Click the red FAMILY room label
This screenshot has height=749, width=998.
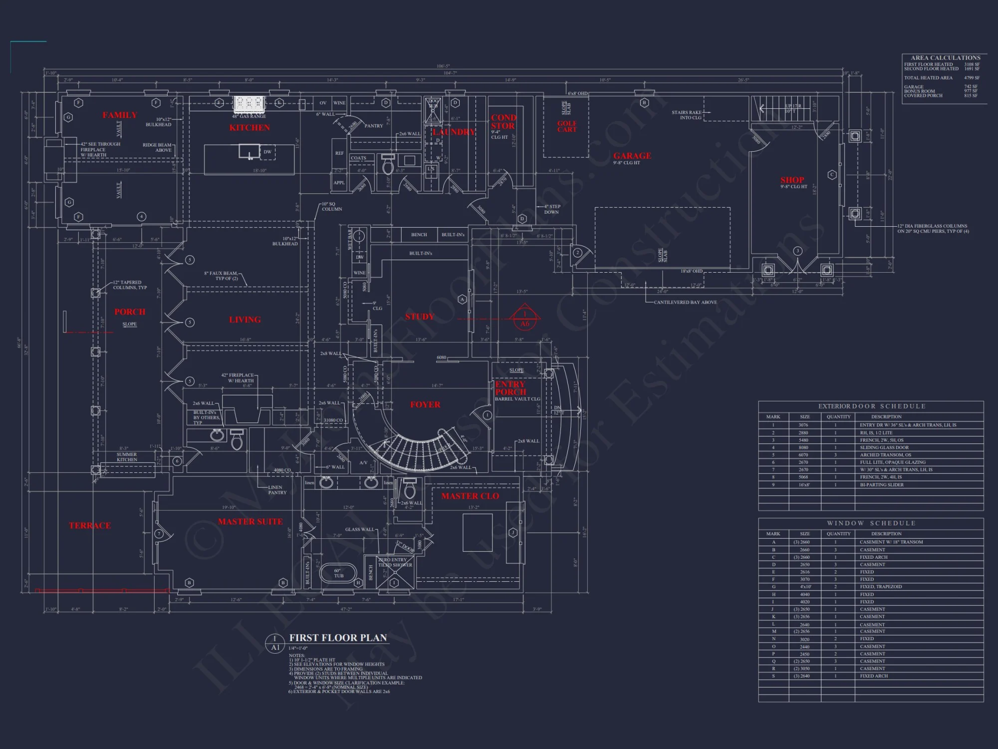120,115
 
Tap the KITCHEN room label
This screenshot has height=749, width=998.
249,128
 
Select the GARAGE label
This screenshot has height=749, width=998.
632,156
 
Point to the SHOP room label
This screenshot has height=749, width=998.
792,180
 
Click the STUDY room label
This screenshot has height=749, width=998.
420,317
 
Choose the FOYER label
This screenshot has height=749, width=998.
425,404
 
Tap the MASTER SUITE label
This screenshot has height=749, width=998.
250,521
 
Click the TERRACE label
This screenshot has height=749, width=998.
90,525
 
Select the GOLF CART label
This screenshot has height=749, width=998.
567,126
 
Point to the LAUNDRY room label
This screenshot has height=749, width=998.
454,132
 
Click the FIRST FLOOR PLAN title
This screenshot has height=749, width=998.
338,638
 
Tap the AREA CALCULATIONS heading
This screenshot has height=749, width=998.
945,58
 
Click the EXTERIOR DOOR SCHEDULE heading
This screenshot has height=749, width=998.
871,406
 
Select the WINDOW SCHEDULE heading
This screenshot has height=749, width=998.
871,523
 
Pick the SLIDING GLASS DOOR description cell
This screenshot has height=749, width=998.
884,447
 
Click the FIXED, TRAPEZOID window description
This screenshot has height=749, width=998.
881,587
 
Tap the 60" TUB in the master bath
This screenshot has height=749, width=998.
338,573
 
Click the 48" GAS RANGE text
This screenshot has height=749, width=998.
249,116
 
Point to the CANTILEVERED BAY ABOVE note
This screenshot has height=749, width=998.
685,302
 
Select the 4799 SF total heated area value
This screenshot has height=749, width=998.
972,78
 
